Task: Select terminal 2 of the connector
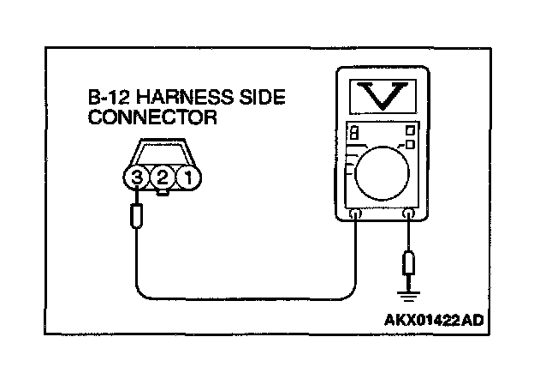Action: (x=161, y=181)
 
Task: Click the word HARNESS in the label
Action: (x=174, y=99)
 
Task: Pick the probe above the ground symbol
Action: (x=409, y=262)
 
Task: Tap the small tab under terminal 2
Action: (x=161, y=195)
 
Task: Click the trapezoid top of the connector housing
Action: (x=160, y=154)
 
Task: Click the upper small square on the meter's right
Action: (x=411, y=130)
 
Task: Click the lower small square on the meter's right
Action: (x=411, y=146)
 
